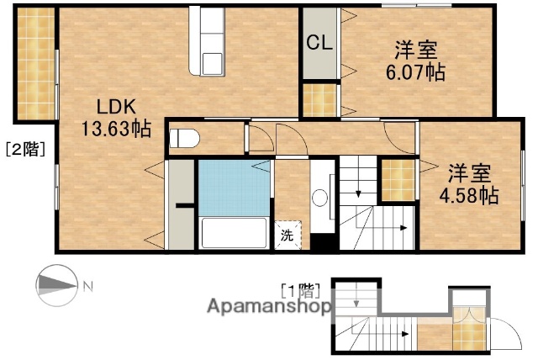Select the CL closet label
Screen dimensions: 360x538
coord(318,42)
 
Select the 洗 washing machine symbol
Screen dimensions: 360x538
coord(287,236)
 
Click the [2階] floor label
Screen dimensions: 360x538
coord(26,150)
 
